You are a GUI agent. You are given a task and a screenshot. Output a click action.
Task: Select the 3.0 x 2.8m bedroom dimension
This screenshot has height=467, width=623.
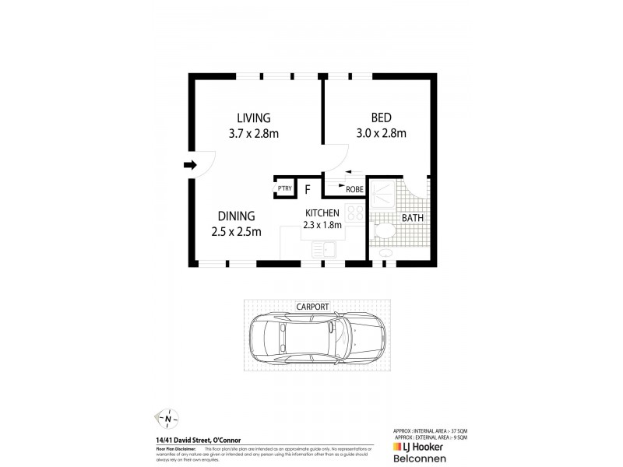tap(380, 133)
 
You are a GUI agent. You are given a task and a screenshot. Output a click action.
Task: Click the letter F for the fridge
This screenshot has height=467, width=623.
tap(308, 188)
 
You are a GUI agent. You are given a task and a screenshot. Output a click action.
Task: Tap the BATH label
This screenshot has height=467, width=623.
tap(412, 218)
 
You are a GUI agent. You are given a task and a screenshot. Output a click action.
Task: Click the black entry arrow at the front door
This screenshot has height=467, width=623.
tap(190, 164)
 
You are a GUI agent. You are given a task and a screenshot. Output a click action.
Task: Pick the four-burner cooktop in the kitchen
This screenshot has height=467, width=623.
tap(355, 212)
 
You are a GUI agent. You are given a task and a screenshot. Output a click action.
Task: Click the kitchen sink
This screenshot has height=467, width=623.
tap(322, 249)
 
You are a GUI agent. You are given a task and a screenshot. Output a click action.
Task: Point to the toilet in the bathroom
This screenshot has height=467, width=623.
tap(381, 231)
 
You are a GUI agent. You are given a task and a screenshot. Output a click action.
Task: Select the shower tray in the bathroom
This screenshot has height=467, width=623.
tap(382, 195)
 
